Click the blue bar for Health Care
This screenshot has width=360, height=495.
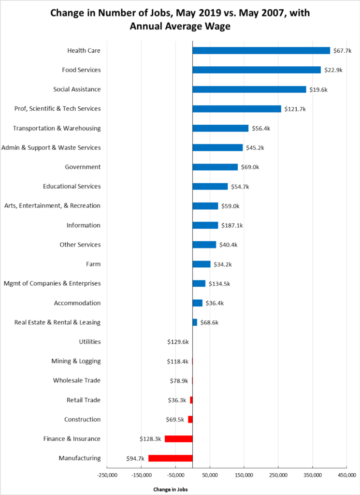[x=261, y=51]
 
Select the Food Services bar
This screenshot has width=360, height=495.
[x=256, y=70]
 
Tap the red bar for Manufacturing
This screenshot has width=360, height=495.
[x=170, y=458]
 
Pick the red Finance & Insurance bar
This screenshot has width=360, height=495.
[x=178, y=439]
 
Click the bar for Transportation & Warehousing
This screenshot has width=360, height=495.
[x=220, y=128]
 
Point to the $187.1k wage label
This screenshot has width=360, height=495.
[x=233, y=225]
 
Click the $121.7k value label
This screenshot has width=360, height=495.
[x=295, y=109]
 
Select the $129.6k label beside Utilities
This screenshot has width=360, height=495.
[x=177, y=342]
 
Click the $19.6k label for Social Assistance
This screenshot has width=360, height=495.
[x=318, y=89]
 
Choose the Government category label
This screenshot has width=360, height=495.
[x=83, y=167]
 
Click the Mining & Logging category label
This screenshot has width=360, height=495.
[x=76, y=361]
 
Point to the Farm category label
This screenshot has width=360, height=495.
[x=93, y=264]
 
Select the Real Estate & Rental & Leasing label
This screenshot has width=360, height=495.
[x=58, y=322]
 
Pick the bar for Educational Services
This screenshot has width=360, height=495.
[x=210, y=187]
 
